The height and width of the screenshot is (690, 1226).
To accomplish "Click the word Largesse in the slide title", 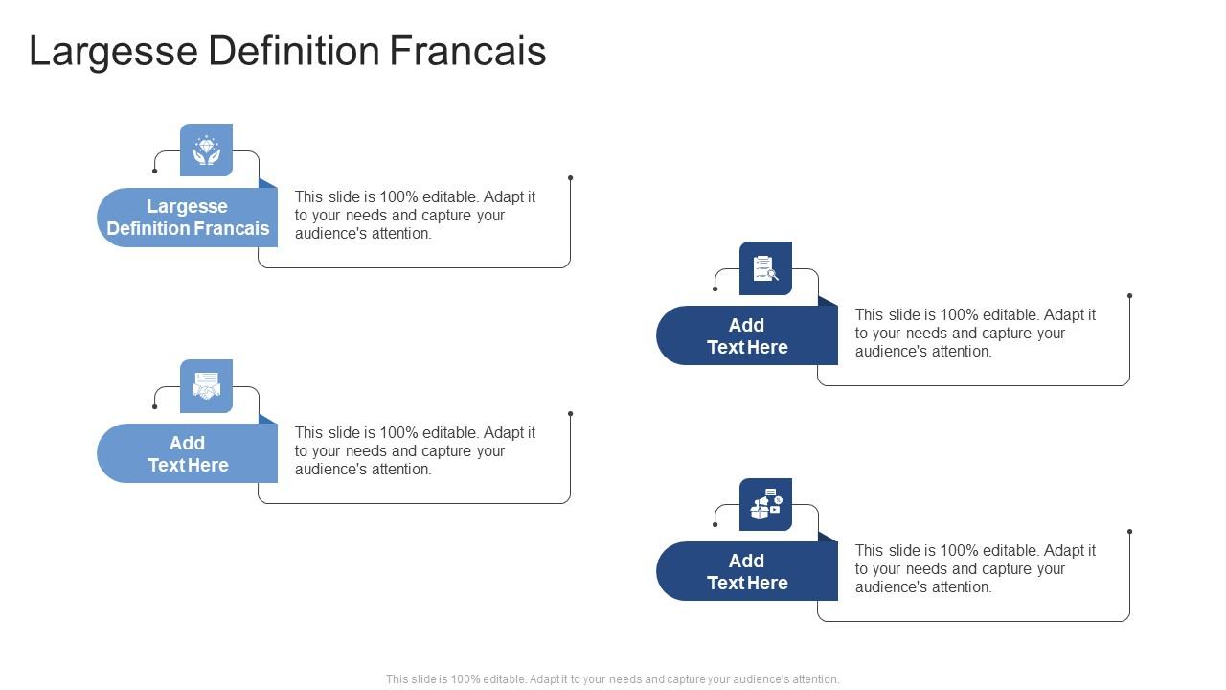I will pyautogui.click(x=114, y=51).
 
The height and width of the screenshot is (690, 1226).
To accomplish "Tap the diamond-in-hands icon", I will pyautogui.click(x=206, y=150).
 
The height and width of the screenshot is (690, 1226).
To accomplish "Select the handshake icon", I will pyautogui.click(x=206, y=386).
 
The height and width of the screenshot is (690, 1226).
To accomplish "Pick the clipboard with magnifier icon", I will pyautogui.click(x=765, y=268).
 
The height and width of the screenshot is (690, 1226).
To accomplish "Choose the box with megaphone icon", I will pyautogui.click(x=765, y=504).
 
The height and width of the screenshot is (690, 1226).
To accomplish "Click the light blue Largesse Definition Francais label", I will pyautogui.click(x=188, y=218).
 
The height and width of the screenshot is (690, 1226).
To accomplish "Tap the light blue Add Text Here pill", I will pyautogui.click(x=188, y=453).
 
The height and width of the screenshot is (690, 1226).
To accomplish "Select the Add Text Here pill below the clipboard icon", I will pyautogui.click(x=747, y=335).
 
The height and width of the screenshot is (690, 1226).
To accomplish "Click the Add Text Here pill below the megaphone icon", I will pyautogui.click(x=747, y=571).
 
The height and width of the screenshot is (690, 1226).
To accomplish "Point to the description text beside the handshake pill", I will pyautogui.click(x=415, y=450).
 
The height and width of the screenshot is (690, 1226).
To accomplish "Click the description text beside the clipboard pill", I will pyautogui.click(x=975, y=333).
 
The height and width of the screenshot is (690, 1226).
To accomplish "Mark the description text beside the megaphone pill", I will pyautogui.click(x=975, y=568).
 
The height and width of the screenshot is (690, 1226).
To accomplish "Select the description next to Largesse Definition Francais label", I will pyautogui.click(x=415, y=215).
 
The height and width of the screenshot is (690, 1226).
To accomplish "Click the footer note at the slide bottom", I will pyautogui.click(x=613, y=678).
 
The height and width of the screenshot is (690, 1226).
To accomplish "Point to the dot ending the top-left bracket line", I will pyautogui.click(x=570, y=177).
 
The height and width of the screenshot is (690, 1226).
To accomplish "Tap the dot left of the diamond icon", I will pyautogui.click(x=155, y=171).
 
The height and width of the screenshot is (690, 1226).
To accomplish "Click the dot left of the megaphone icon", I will pyautogui.click(x=715, y=524).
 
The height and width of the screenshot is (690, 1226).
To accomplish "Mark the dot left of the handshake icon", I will pyautogui.click(x=155, y=406).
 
